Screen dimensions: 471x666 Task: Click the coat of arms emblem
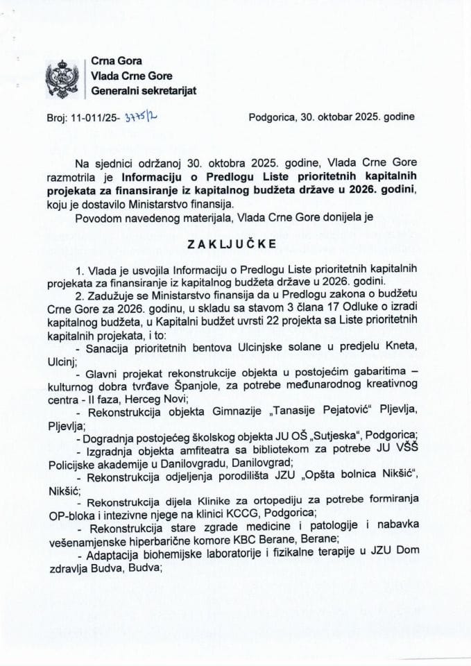(x=62, y=78)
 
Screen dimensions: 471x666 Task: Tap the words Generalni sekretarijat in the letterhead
(x=144, y=91)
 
